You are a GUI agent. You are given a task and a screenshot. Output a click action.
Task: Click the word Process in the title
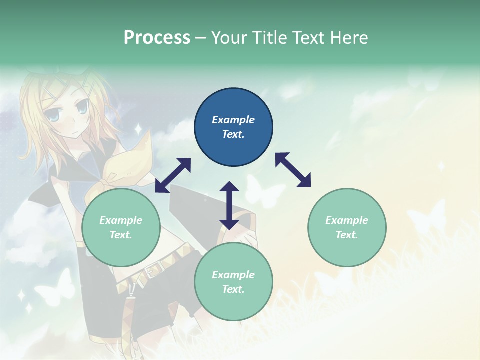pos(157,37)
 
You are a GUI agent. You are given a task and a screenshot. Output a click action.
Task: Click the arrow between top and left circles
pos(173,175)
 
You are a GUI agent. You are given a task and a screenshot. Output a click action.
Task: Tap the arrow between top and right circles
pos(293,170)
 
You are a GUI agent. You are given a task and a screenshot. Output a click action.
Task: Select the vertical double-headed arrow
pos(229,205)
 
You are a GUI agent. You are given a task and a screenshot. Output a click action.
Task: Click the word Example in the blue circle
pos(233,120)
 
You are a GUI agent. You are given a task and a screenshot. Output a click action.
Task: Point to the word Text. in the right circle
pos(347,235)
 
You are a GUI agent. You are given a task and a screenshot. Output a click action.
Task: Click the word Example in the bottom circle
pos(233,275)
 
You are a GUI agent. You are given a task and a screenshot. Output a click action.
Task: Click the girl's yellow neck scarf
pos(125,165)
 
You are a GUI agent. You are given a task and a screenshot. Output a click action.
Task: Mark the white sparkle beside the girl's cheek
pos(137,129)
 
